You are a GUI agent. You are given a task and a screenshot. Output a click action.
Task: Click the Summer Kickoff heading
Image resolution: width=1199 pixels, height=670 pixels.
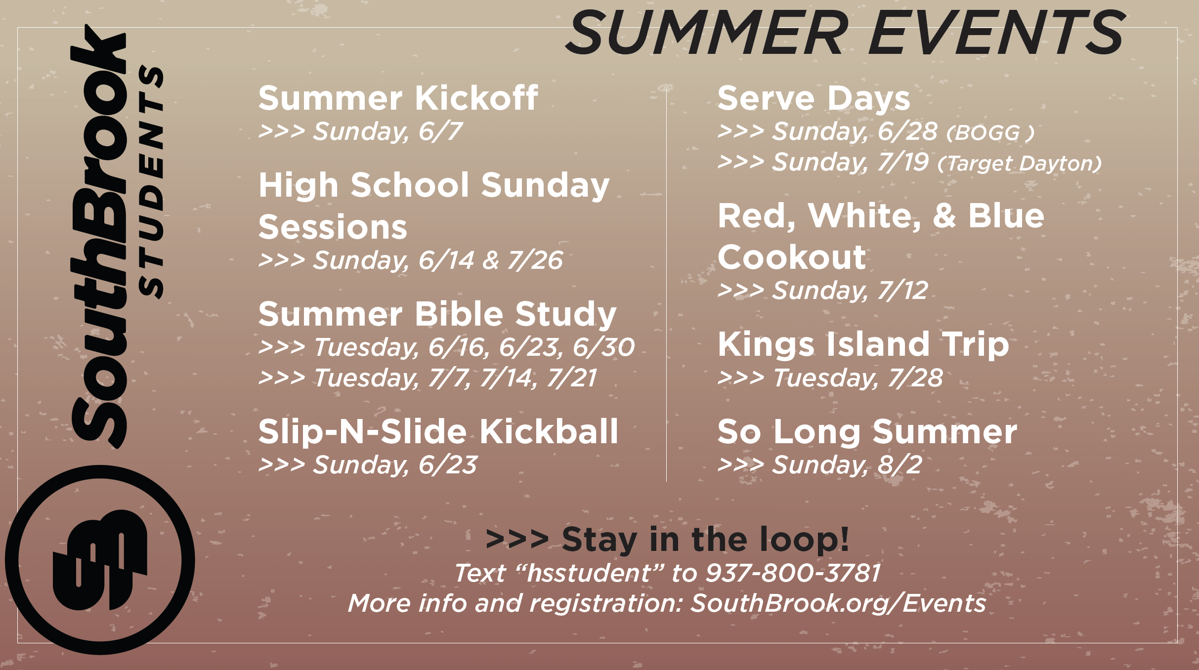pyautogui.click(x=398, y=98)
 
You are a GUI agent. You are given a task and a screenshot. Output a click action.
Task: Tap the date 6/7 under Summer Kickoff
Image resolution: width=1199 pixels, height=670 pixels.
pyautogui.click(x=440, y=131)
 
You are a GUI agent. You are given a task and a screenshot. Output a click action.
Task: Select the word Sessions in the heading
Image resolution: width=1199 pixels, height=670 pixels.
pyautogui.click(x=333, y=227)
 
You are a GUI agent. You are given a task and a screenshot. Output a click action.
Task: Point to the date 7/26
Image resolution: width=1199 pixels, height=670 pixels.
pyautogui.click(x=535, y=260)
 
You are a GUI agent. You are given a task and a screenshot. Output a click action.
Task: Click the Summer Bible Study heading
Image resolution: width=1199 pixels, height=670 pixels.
pyautogui.click(x=437, y=314)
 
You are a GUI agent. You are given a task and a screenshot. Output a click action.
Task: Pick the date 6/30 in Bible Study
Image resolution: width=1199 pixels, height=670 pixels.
pyautogui.click(x=603, y=347)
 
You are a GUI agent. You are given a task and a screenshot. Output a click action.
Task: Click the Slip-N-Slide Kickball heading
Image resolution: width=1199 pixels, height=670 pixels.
pyautogui.click(x=438, y=431)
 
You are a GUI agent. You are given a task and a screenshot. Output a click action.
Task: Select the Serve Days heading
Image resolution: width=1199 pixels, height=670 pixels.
pyautogui.click(x=814, y=98)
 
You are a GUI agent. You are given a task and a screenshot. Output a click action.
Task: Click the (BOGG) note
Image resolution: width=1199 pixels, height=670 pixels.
pyautogui.click(x=990, y=132)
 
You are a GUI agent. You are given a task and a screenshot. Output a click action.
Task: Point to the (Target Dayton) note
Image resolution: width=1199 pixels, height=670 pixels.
pyautogui.click(x=1020, y=164)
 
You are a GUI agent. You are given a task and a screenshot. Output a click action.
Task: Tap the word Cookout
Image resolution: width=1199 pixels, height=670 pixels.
pyautogui.click(x=792, y=257)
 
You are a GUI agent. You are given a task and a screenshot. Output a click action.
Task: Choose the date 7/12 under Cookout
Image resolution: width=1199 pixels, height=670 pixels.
pyautogui.click(x=902, y=291)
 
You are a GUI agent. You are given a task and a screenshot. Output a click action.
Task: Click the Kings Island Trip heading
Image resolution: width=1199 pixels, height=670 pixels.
pyautogui.click(x=863, y=344)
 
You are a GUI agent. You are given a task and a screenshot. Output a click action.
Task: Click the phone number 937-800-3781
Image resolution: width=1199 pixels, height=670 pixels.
pyautogui.click(x=793, y=573)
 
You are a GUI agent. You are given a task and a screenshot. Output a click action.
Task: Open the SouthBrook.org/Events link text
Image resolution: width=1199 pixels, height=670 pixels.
pyautogui.click(x=838, y=604)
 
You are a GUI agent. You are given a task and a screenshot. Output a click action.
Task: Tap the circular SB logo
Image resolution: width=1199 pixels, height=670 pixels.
pyautogui.click(x=100, y=560)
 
